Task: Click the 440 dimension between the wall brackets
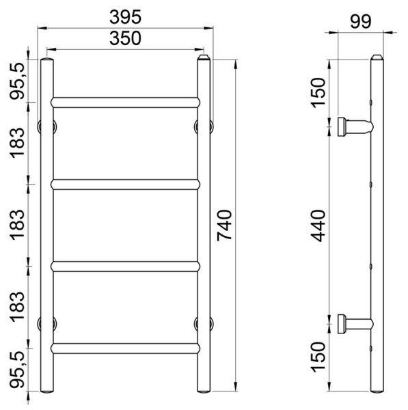click(320, 225)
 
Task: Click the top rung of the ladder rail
click(126, 100)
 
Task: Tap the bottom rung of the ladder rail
click(126, 346)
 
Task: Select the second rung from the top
click(126, 183)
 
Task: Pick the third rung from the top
click(126, 266)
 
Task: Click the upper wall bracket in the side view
click(353, 126)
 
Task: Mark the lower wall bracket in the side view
click(353, 323)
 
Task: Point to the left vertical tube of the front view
click(47, 225)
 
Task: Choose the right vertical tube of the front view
click(204, 225)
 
